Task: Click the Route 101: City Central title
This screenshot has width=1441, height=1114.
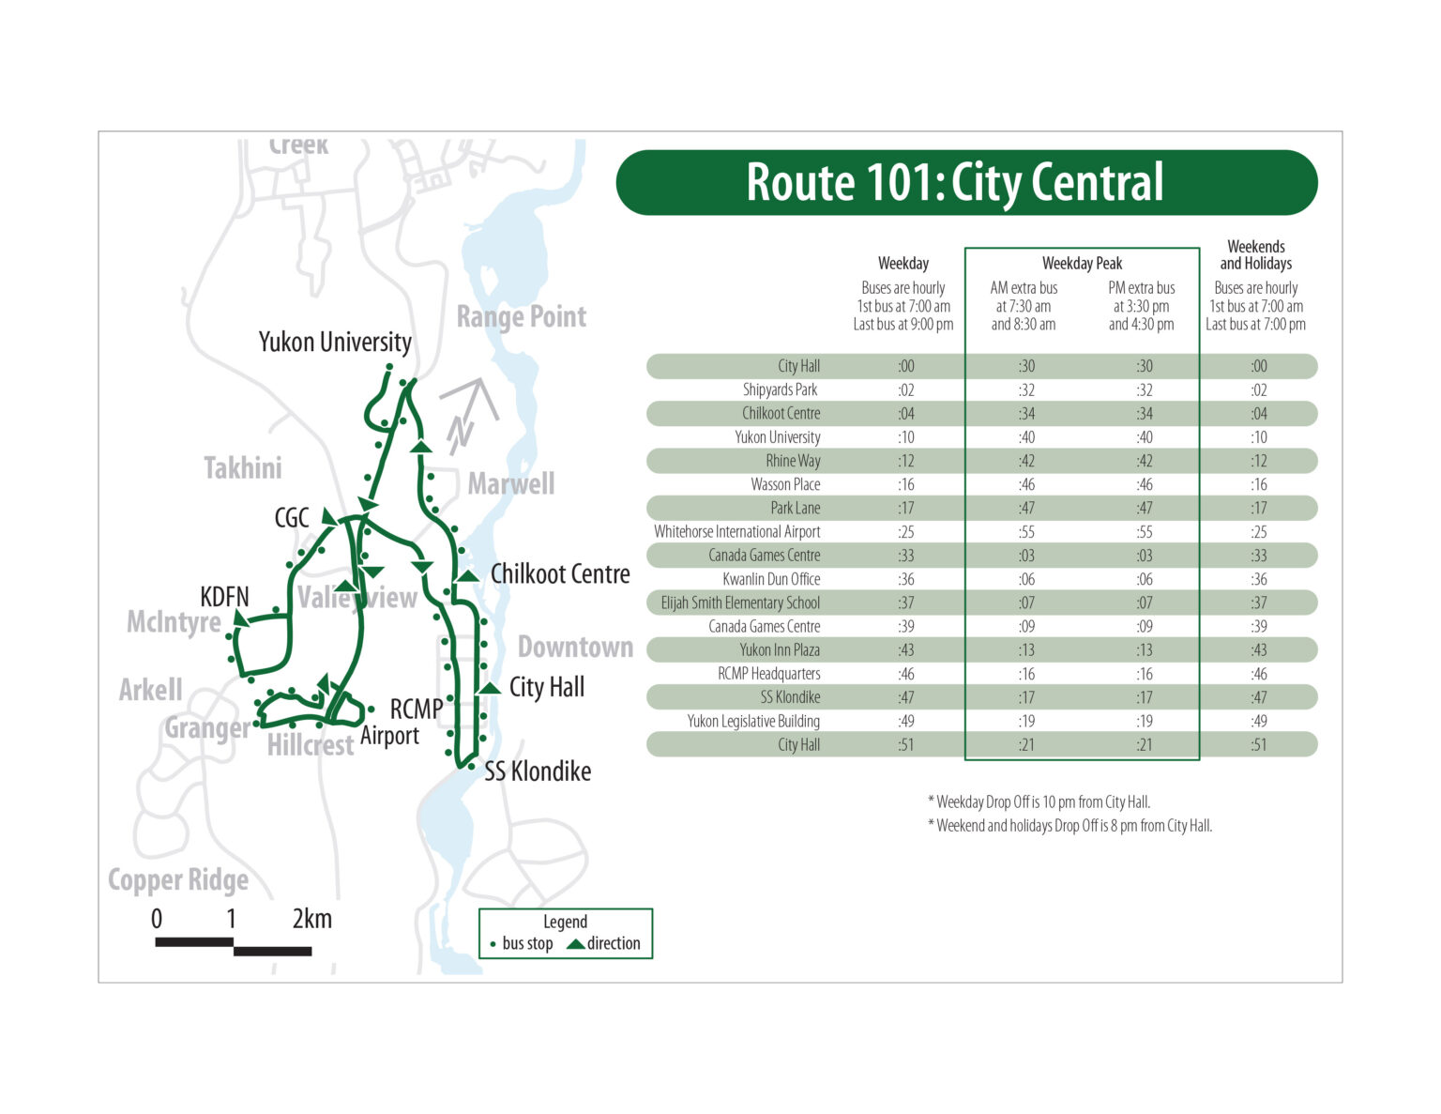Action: [954, 182]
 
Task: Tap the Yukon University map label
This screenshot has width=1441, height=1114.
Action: [335, 342]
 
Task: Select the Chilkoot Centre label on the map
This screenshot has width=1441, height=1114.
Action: [560, 573]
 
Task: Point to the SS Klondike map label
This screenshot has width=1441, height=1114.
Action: [538, 771]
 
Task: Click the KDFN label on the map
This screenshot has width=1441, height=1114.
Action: [224, 597]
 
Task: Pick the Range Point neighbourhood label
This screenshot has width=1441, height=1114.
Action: [521, 317]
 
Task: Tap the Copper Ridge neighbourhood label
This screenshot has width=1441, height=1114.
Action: [178, 880]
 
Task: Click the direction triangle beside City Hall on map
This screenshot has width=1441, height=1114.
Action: [489, 688]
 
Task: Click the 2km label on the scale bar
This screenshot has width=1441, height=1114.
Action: [311, 919]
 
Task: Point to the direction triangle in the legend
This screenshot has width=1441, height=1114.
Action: [575, 944]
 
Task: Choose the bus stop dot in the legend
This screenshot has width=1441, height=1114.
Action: [493, 945]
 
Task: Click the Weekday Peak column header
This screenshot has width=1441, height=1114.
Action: [1082, 264]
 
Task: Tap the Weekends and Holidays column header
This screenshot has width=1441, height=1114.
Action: [1255, 255]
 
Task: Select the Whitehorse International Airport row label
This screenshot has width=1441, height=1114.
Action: [736, 531]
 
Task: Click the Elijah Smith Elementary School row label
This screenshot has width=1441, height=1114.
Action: [740, 603]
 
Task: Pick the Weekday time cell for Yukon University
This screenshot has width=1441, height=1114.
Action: [905, 437]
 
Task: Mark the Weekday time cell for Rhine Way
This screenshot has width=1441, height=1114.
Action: [905, 461]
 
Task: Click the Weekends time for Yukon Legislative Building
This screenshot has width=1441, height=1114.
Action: [1258, 721]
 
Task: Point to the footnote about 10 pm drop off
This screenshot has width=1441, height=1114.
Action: [1039, 802]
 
